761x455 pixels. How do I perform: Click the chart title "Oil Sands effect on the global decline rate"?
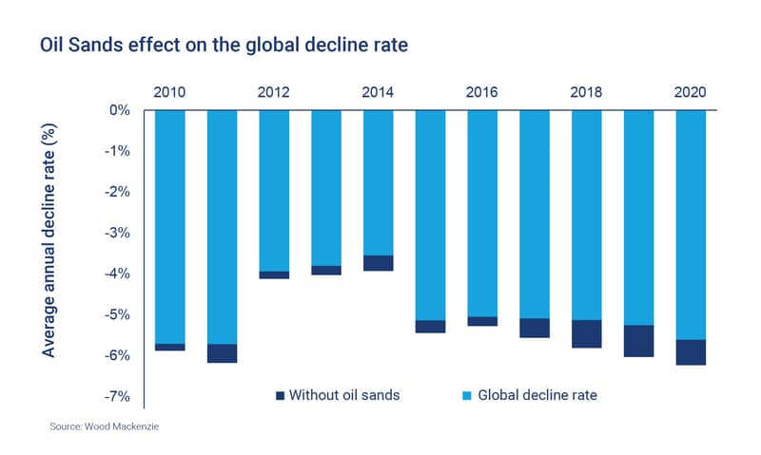[x=224, y=45]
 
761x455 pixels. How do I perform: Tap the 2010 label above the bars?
[x=169, y=92]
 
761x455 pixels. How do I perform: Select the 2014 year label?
[x=378, y=92]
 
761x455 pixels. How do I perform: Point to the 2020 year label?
[x=691, y=92]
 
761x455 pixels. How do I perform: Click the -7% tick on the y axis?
[x=117, y=397]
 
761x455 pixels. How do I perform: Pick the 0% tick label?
[x=120, y=110]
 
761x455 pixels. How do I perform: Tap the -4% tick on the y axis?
[x=117, y=274]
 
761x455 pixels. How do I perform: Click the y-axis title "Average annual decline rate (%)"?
[x=49, y=240]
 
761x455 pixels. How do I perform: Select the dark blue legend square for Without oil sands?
[x=280, y=396]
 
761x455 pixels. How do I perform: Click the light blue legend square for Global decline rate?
[x=467, y=396]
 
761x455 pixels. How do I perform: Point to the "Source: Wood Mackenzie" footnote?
[x=105, y=427]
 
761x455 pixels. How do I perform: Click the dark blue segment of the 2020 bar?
[x=691, y=352]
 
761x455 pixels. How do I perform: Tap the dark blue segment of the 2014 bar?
[x=378, y=263]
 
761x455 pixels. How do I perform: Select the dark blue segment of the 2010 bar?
[x=170, y=347]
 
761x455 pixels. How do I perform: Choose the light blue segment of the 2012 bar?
[x=274, y=191]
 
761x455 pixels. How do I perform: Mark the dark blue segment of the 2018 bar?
[x=587, y=333]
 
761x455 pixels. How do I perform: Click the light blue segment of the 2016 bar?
[x=482, y=214]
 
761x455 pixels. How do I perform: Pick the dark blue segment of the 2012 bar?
[x=274, y=275]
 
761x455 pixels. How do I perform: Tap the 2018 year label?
[x=586, y=92]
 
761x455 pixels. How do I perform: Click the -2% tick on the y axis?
[x=117, y=193]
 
